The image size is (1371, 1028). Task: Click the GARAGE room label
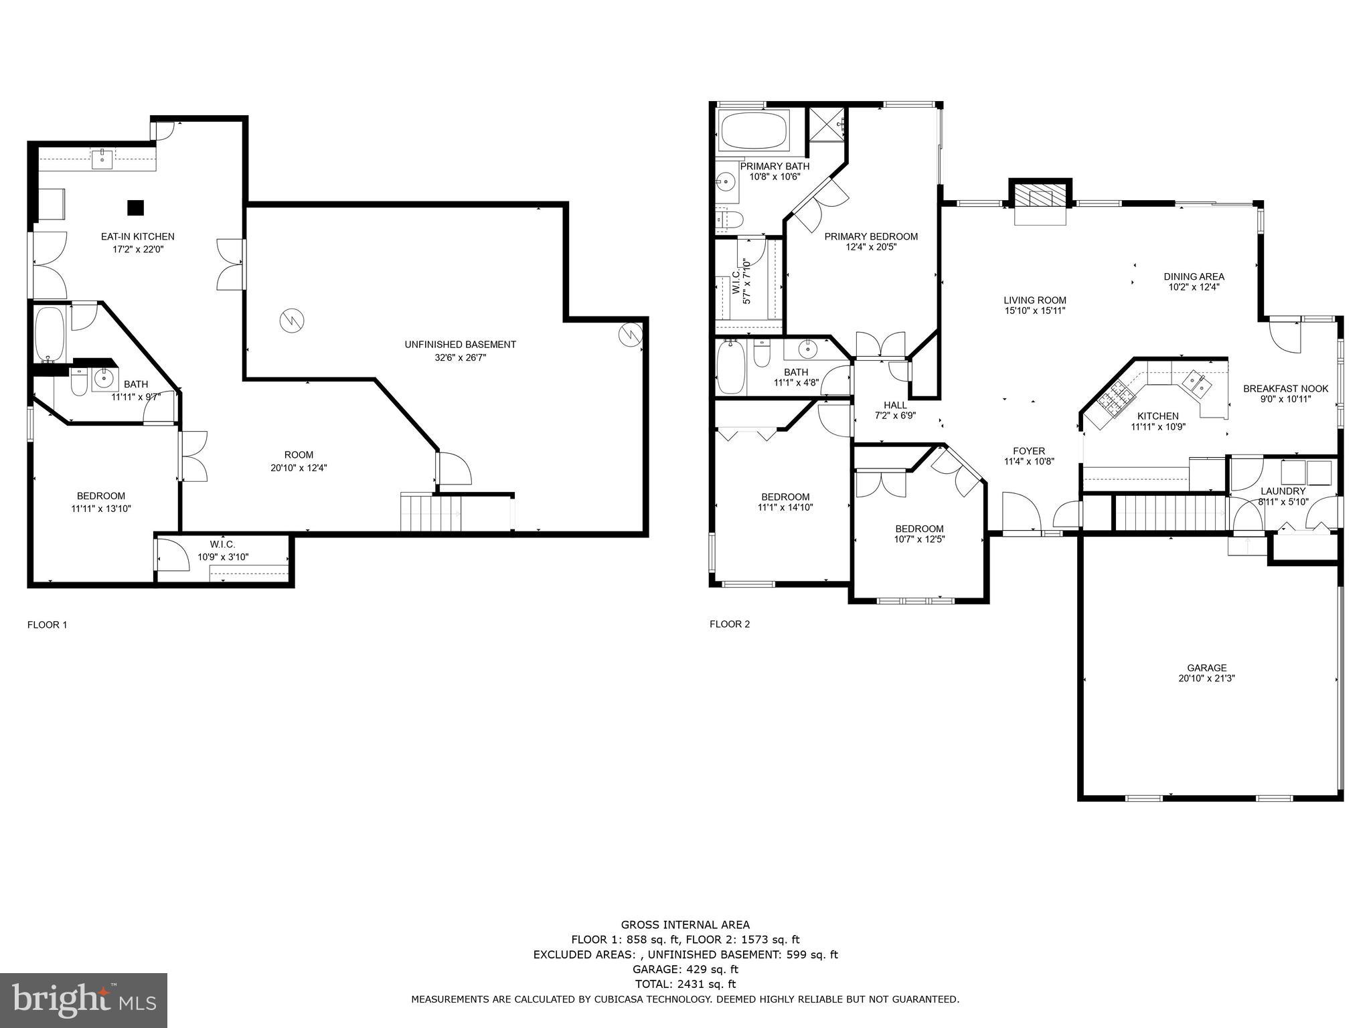click(1206, 667)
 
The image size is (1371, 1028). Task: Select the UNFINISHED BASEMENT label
click(460, 345)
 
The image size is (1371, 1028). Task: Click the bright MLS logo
click(84, 1000)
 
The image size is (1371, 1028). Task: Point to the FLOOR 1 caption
click(47, 625)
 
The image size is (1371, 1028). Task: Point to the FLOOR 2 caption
click(730, 624)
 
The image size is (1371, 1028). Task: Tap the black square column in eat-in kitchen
click(136, 207)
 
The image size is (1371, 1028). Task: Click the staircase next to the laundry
click(1170, 513)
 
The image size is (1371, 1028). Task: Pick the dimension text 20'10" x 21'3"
click(1206, 678)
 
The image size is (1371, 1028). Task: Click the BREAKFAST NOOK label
click(1285, 389)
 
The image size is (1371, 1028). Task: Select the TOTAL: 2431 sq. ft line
click(685, 984)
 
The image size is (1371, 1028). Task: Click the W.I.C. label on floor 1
click(222, 545)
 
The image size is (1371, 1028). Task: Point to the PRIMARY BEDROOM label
click(870, 236)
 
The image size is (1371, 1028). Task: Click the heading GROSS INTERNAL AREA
click(685, 925)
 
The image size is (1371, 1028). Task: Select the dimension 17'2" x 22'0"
click(138, 249)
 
